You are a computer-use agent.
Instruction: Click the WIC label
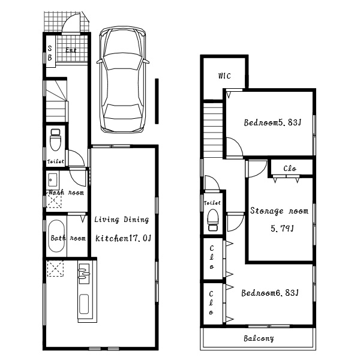click(x=224, y=76)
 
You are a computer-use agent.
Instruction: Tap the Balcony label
click(x=259, y=338)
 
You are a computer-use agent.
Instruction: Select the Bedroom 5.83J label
click(x=272, y=122)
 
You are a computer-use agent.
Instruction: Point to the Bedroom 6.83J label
click(x=270, y=293)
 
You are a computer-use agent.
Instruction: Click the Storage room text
click(x=279, y=211)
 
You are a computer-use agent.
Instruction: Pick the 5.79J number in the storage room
click(x=282, y=229)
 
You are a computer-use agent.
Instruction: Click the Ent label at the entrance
click(x=71, y=50)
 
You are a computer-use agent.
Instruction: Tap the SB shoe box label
click(x=50, y=53)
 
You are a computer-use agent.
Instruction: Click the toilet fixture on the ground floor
click(x=56, y=140)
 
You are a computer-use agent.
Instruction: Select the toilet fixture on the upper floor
click(x=213, y=220)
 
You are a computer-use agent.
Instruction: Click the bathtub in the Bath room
click(x=56, y=236)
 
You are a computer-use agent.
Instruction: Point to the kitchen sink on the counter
click(x=83, y=273)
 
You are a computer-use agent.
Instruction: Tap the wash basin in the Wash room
click(x=53, y=180)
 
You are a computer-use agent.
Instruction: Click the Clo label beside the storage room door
click(x=290, y=169)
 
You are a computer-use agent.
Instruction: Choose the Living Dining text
click(x=122, y=220)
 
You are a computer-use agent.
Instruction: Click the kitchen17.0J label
click(x=123, y=239)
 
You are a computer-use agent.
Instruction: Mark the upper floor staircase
click(x=213, y=130)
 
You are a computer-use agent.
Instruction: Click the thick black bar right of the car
click(x=157, y=101)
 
